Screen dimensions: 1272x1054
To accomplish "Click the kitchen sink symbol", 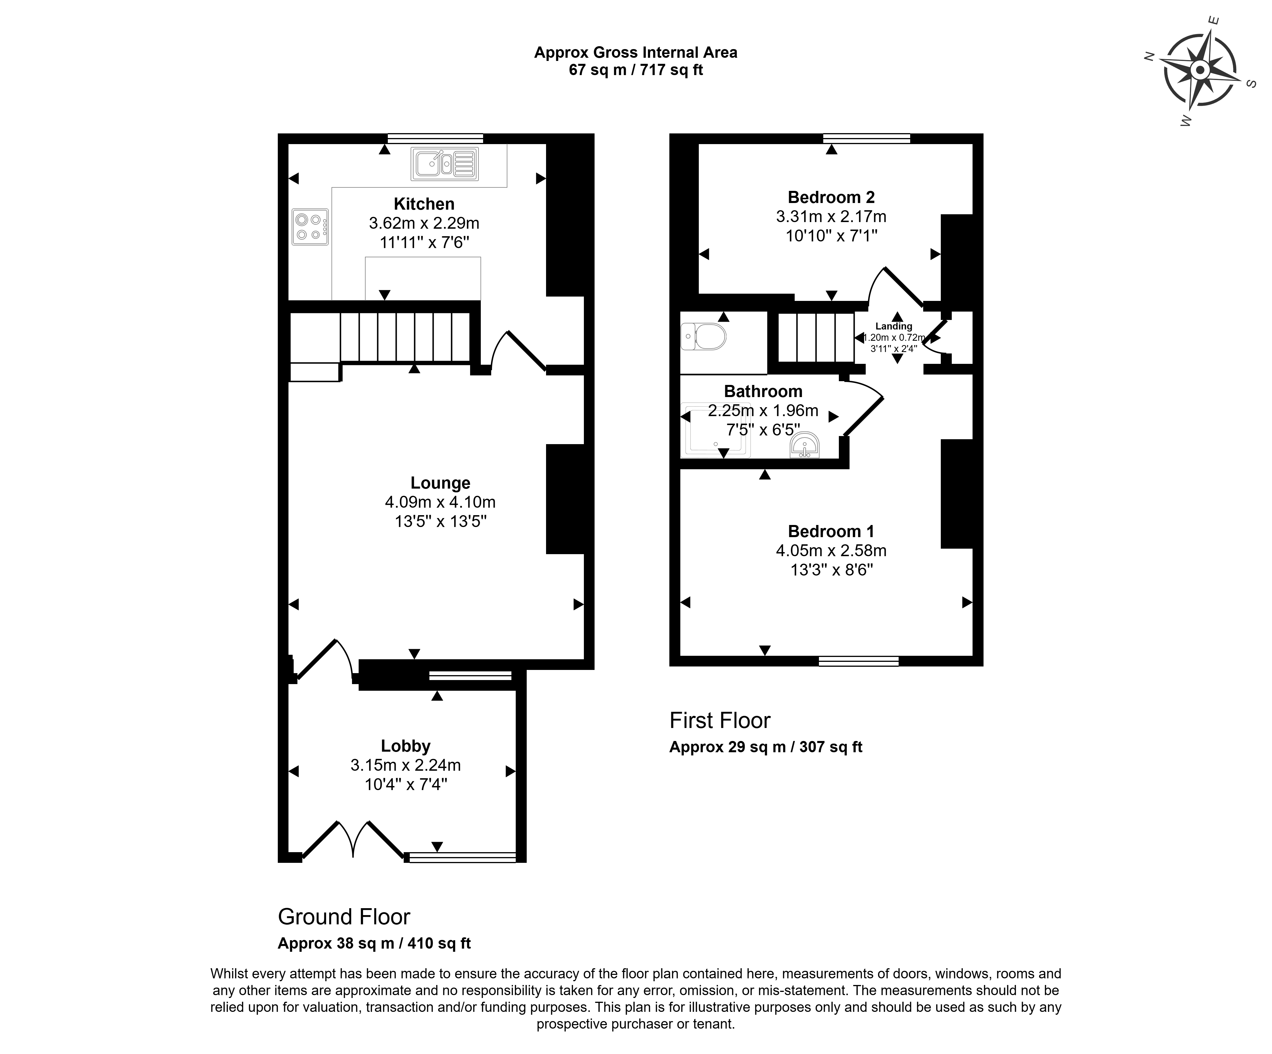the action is pyautogui.click(x=445, y=163).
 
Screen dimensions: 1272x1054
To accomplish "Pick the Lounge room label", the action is pyautogui.click(x=440, y=483).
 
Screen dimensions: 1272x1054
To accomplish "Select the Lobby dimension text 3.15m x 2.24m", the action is pyautogui.click(x=405, y=765).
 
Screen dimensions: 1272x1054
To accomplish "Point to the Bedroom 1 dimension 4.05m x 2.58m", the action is pyautogui.click(x=831, y=551).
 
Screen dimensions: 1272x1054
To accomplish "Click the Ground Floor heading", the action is pyautogui.click(x=344, y=917).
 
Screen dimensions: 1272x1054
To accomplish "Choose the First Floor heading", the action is pyautogui.click(x=720, y=720).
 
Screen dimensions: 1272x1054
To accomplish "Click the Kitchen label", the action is pyautogui.click(x=424, y=204).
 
